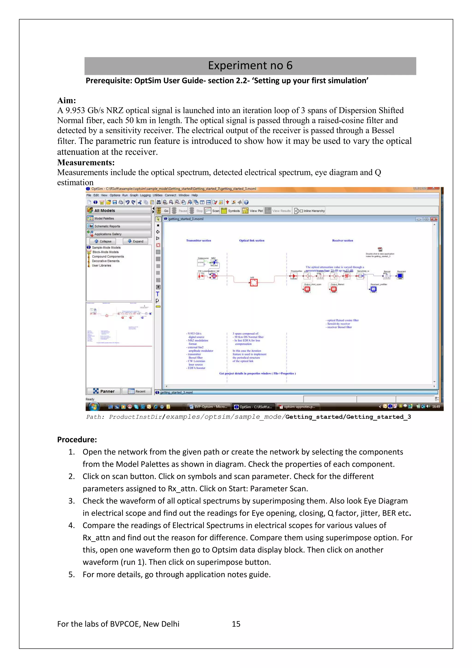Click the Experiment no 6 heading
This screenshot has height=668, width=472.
click(250, 66)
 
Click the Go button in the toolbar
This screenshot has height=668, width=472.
click(163, 211)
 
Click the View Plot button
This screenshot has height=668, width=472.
click(253, 211)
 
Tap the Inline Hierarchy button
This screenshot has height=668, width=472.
click(310, 211)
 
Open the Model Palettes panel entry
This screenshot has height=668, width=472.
click(119, 218)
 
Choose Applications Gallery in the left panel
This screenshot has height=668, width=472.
click(119, 234)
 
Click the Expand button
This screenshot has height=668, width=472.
click(136, 241)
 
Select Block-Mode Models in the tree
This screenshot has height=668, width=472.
click(105, 252)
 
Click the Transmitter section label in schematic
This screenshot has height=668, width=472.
click(199, 241)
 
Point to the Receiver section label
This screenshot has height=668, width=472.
click(342, 241)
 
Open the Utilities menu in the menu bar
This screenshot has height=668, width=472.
click(157, 195)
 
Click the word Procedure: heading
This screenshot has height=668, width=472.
click(77, 439)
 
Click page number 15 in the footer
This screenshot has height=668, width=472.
click(236, 624)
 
